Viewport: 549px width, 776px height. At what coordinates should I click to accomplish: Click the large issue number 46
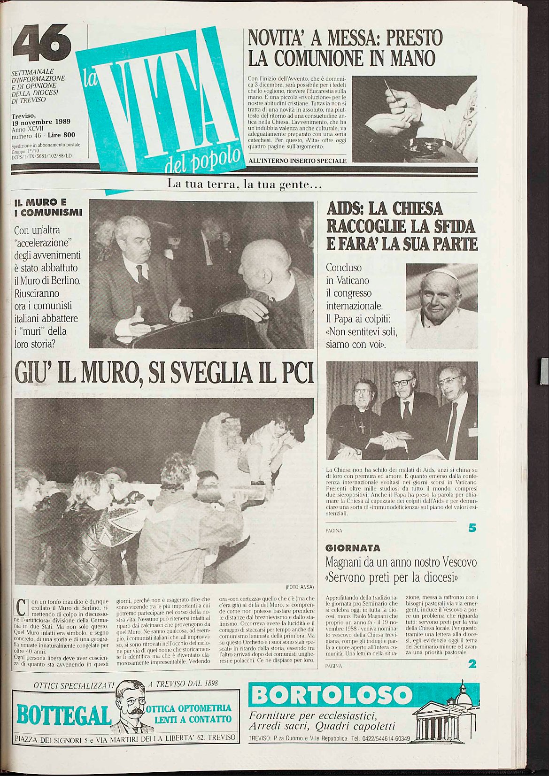tap(42, 43)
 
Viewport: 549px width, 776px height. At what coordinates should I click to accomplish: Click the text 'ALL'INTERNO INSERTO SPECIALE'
tap(297, 161)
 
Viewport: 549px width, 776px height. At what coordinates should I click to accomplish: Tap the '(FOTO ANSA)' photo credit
tap(299, 587)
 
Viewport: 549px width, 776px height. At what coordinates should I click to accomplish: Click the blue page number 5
tap(472, 528)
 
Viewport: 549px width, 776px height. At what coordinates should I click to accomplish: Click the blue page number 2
tap(472, 664)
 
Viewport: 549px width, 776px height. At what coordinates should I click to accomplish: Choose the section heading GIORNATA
tap(353, 548)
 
